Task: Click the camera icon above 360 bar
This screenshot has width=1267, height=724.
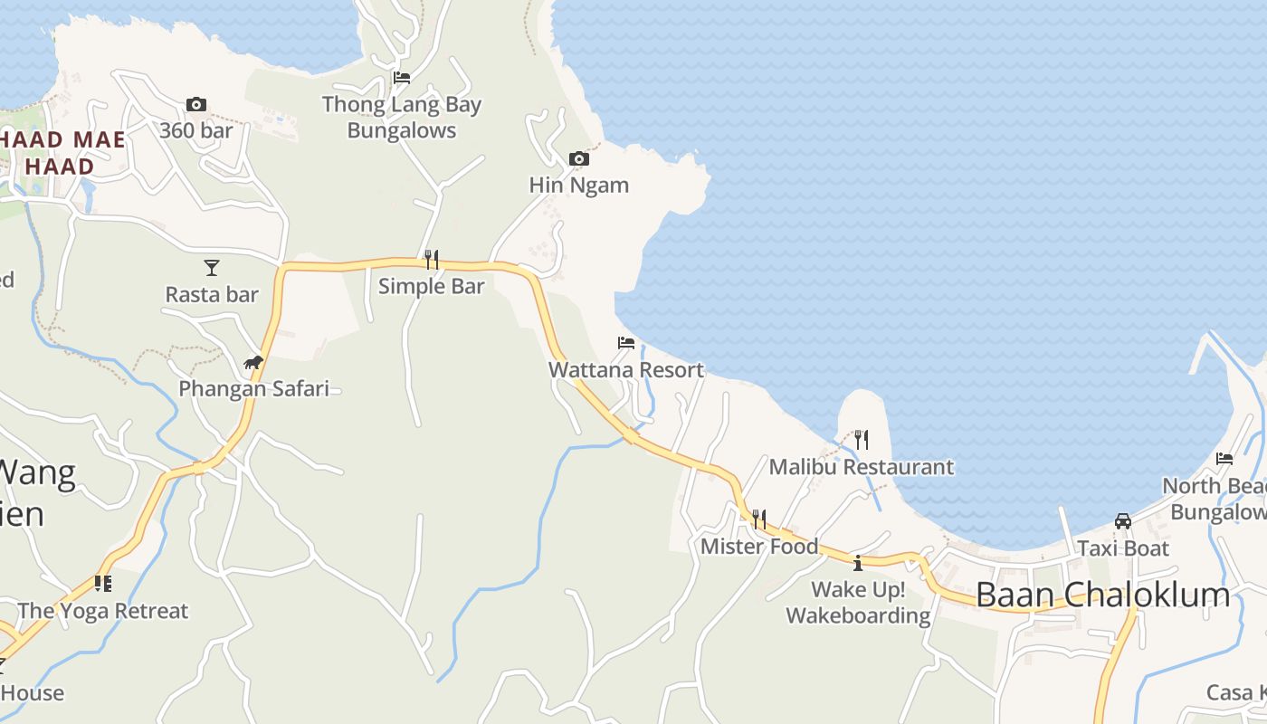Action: (195, 105)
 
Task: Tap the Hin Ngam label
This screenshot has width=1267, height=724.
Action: (578, 185)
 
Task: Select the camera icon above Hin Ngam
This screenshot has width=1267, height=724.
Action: (578, 159)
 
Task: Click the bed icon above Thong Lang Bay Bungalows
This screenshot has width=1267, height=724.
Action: (402, 78)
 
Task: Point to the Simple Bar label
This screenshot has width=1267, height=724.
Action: (431, 286)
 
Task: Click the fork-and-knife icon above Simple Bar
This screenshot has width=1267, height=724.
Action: (431, 260)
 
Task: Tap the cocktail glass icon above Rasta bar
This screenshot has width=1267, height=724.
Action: (211, 268)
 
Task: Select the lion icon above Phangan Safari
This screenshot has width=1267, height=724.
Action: (252, 363)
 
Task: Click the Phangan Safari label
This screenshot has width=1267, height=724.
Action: (253, 388)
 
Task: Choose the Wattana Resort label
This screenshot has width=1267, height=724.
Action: (625, 369)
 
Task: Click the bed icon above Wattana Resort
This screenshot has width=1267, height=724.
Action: (625, 343)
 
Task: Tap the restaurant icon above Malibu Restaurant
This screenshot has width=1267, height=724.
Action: (861, 441)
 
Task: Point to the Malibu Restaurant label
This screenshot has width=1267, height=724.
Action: (861, 467)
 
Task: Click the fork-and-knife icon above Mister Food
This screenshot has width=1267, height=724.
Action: (758, 519)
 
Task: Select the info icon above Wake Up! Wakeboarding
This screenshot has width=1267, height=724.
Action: (857, 563)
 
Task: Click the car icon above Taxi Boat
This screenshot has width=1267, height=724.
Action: (1122, 521)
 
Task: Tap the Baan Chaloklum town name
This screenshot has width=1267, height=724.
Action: (1102, 595)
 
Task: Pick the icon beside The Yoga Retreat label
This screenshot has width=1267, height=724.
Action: (102, 584)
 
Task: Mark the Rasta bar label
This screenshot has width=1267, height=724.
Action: (212, 294)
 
